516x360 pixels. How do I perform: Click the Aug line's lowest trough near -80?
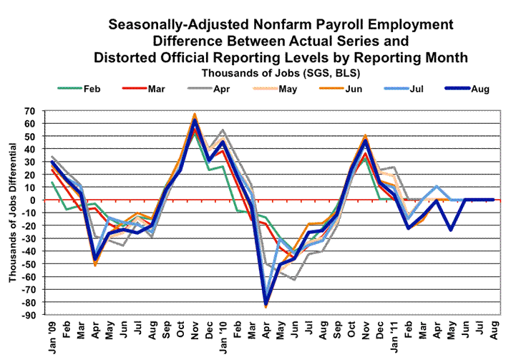coord(266,303)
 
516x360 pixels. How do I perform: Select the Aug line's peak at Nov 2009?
coord(195,120)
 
